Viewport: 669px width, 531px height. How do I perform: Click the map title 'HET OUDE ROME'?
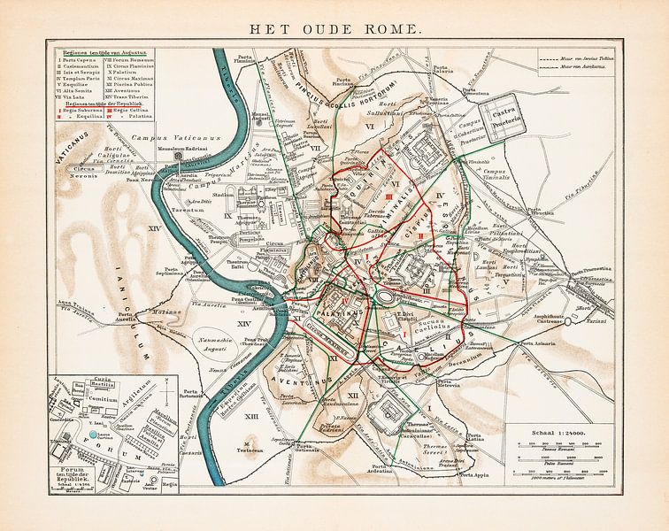tap(334, 28)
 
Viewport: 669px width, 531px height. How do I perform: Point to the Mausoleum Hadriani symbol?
tap(180, 155)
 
